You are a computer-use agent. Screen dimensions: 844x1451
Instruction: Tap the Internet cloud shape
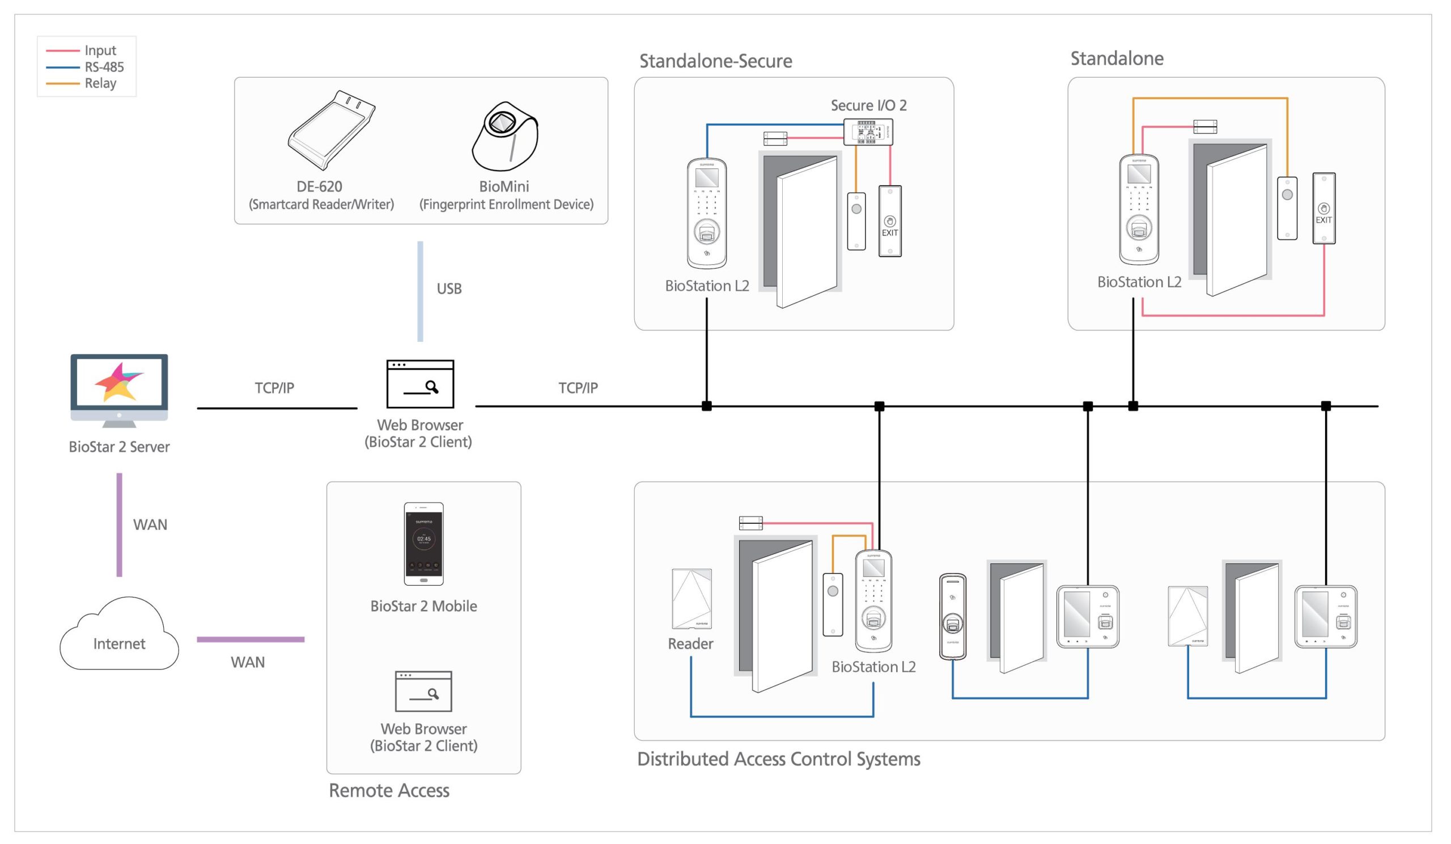(119, 636)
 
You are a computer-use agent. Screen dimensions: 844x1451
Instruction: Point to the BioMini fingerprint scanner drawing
(505, 137)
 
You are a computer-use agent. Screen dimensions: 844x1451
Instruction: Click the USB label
(449, 289)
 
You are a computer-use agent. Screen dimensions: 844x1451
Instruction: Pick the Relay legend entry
(100, 83)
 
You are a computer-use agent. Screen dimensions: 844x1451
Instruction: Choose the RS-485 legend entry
(104, 67)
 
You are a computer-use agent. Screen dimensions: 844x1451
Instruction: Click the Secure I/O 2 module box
(868, 132)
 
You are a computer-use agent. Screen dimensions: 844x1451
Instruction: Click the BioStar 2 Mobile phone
(424, 544)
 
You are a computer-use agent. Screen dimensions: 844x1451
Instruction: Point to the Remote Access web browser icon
(423, 691)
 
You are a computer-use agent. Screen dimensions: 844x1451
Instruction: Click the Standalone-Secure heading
(715, 61)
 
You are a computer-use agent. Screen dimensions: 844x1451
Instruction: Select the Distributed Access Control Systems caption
(778, 759)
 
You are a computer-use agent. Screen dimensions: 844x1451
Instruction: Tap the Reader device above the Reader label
(691, 599)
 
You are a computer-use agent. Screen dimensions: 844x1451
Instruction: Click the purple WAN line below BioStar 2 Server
(119, 524)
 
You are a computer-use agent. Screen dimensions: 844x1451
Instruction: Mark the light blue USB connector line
(421, 291)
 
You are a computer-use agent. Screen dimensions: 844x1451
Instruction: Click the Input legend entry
(100, 50)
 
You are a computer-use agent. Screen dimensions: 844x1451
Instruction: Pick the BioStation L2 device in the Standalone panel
(1138, 210)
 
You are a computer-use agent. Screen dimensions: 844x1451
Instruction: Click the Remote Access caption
(389, 791)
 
